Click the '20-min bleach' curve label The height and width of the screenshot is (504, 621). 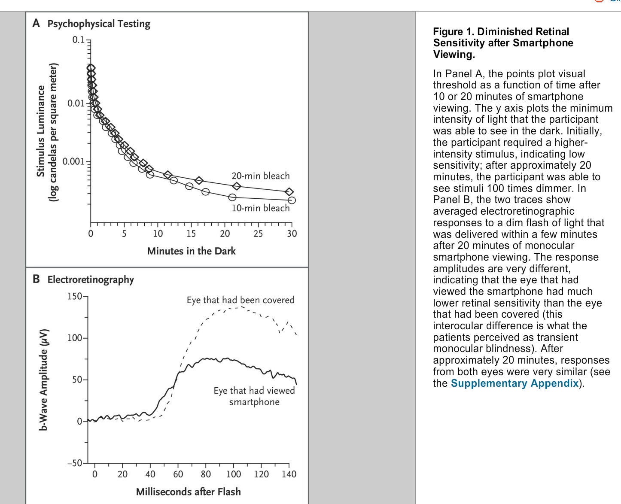point(260,176)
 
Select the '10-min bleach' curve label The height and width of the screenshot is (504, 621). point(260,208)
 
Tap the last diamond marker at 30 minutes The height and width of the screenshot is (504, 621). point(289,192)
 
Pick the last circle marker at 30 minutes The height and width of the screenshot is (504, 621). point(292,200)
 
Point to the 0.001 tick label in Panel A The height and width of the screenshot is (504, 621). point(74,162)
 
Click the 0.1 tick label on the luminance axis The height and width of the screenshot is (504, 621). point(79,40)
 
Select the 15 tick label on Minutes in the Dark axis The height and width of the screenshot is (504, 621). point(191,234)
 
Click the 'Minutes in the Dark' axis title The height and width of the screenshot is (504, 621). point(191,251)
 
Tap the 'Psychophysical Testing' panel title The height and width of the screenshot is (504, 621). point(99,24)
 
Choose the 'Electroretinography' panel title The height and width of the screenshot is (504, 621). point(91,279)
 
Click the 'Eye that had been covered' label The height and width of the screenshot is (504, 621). point(240,300)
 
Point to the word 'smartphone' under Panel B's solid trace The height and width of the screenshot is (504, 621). point(254,402)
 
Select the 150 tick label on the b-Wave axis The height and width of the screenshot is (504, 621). point(75,296)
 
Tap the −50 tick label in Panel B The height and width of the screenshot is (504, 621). point(75,463)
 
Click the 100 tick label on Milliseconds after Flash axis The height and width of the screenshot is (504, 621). point(234,474)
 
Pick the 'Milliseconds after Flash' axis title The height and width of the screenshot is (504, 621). point(188,492)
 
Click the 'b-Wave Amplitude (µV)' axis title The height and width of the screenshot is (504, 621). point(43,380)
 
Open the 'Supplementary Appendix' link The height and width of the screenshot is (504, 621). point(514,383)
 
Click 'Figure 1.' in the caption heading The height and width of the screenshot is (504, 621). point(454,32)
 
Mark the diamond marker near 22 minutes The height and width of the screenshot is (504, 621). point(237,186)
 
